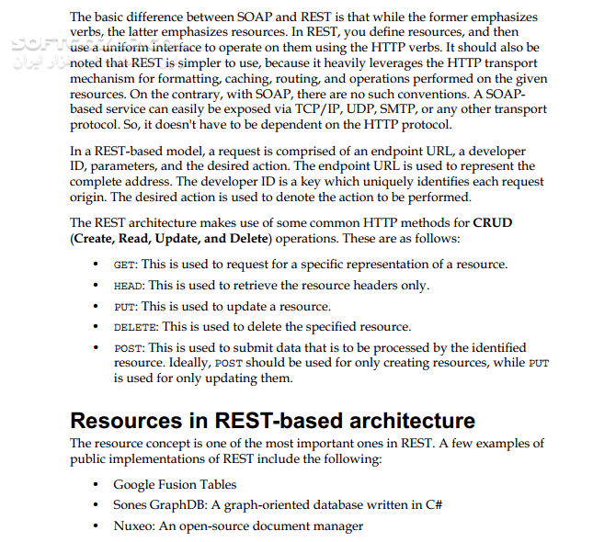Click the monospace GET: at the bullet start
126,265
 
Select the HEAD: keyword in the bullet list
130,286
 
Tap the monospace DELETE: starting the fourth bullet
136,327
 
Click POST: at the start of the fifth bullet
130,348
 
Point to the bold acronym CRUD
493,223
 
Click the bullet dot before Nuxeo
97,526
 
